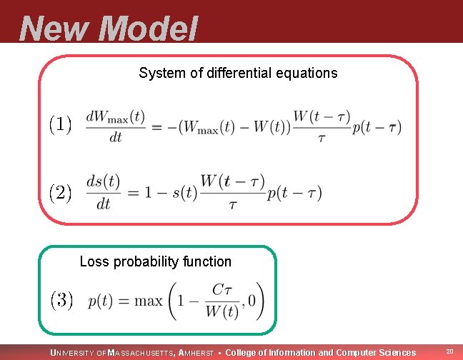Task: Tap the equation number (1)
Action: (60, 125)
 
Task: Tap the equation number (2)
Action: (60, 192)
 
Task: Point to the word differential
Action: (233, 73)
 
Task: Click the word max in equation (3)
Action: (149, 301)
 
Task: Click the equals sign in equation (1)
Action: (157, 126)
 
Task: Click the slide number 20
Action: (449, 351)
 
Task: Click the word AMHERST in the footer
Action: (195, 352)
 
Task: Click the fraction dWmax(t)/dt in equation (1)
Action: (115, 126)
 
